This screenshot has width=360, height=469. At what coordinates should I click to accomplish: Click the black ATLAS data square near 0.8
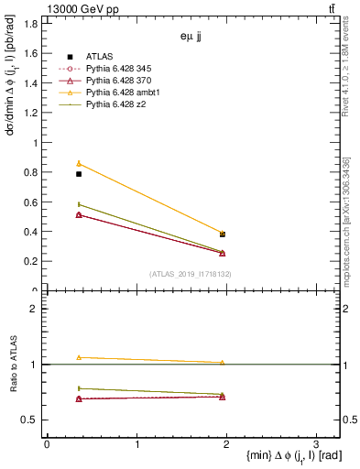[x=79, y=174]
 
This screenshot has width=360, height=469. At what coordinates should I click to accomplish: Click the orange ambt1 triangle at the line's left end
[x=79, y=163]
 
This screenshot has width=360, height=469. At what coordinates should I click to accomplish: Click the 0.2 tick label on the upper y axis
[x=31, y=261]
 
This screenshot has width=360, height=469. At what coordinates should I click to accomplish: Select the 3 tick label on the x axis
[x=315, y=443]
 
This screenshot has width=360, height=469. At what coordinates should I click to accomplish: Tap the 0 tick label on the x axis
[x=47, y=443]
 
